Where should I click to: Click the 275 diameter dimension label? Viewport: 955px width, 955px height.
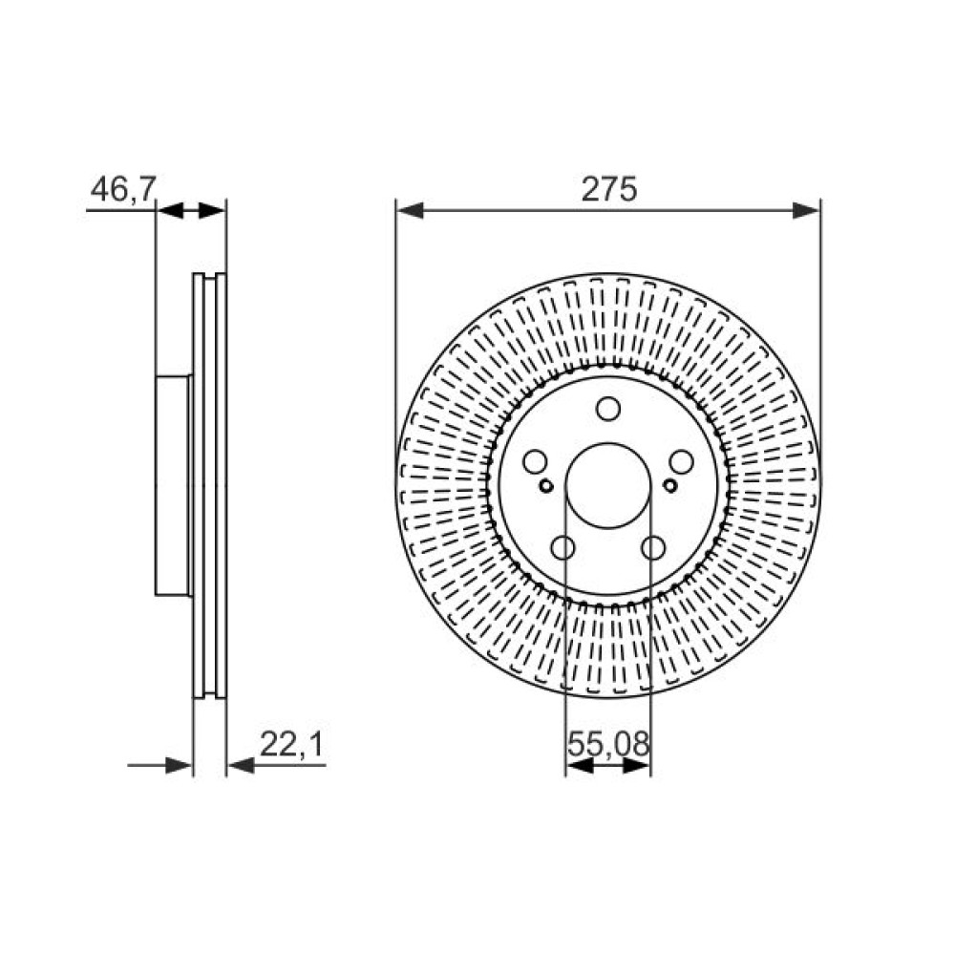coord(608,189)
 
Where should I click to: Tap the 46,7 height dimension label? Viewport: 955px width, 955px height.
coord(123,189)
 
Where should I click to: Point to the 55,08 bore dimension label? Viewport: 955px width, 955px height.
coord(608,744)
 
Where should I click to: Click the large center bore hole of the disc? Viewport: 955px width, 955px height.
coord(608,485)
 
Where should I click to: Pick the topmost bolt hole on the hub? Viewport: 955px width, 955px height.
coord(607,409)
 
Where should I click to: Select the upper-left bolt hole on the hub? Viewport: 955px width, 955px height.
coord(536,461)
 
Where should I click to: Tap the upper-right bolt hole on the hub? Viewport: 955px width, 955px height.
coord(681,461)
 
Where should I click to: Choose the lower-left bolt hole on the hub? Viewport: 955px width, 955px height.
coord(562,547)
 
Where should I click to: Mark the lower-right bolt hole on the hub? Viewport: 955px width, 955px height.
coord(653,547)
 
